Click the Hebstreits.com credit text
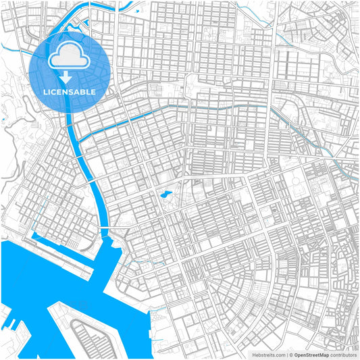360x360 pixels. (268, 355)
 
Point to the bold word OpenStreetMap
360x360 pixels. (311, 355)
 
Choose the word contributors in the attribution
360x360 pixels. (344, 355)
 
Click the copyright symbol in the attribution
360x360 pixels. (291, 355)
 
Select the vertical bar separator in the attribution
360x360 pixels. (287, 355)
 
